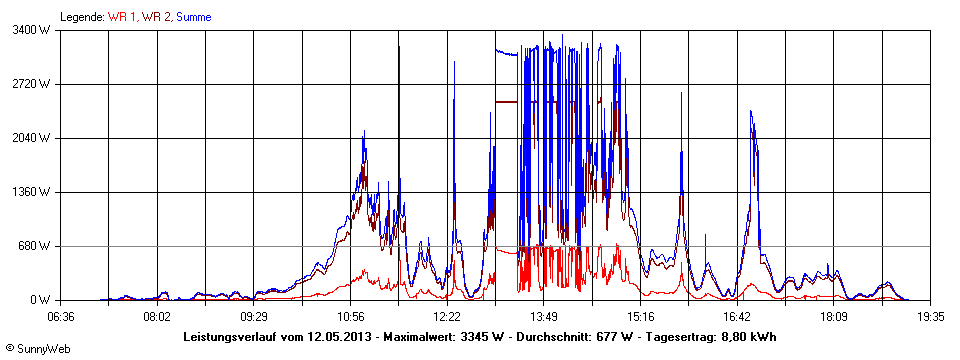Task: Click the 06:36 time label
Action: (x=61, y=316)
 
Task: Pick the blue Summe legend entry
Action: (x=193, y=17)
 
